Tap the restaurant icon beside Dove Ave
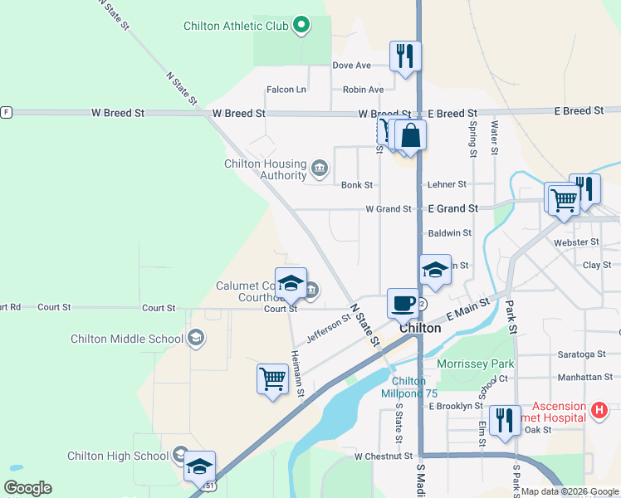[404, 56]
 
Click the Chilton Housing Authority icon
[319, 170]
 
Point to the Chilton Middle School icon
[195, 338]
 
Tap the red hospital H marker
[599, 409]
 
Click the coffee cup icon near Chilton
[403, 302]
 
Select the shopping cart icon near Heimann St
[272, 378]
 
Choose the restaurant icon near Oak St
[505, 420]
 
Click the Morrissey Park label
[476, 364]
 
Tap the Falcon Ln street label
[286, 90]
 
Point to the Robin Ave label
[364, 90]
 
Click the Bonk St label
[356, 185]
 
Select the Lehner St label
[447, 184]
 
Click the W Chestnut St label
[384, 456]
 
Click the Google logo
[28, 488]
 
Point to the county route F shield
[6, 112]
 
